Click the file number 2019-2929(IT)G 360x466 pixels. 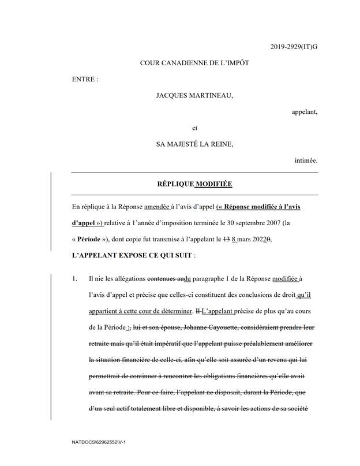(294, 45)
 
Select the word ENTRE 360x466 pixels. (84, 79)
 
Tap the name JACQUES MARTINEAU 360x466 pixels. (195, 95)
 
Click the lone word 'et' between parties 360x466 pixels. (194, 128)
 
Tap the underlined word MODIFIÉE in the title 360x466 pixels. (215, 184)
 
